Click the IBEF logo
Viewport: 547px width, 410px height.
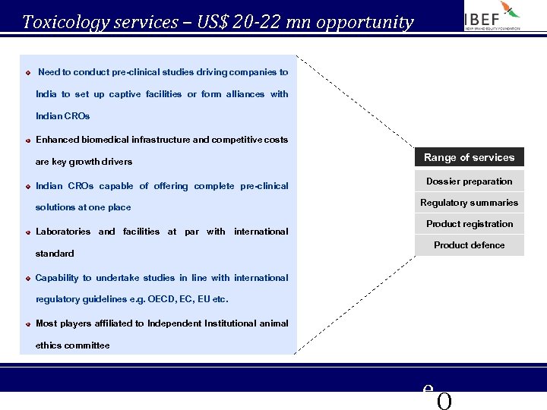[x=493, y=16]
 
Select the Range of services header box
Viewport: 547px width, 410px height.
[x=469, y=157]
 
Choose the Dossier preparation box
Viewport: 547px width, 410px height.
[x=469, y=181]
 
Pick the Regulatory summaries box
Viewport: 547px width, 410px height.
[x=469, y=203]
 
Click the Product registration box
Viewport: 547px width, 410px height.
[x=469, y=224]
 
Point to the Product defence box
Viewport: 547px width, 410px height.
[x=469, y=245]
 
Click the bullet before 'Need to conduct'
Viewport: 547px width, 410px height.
[x=28, y=73]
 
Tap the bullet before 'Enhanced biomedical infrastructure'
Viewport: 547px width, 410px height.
[x=28, y=140]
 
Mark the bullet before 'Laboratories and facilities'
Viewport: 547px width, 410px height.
[x=28, y=232]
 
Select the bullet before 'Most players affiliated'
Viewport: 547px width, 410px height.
[x=28, y=324]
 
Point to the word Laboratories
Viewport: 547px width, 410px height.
[x=63, y=232]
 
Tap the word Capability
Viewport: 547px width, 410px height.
[x=56, y=278]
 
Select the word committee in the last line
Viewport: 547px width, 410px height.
[x=86, y=345]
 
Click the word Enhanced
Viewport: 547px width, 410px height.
[x=55, y=140]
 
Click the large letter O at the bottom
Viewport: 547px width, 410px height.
[x=444, y=402]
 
